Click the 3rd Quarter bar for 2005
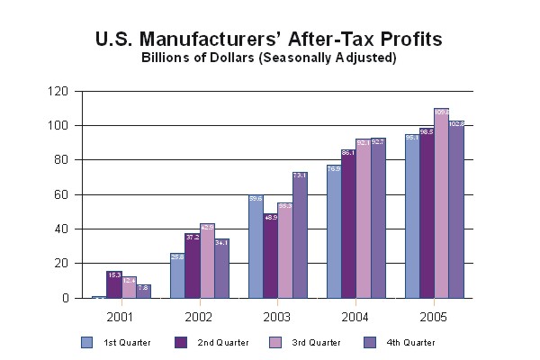[441, 203]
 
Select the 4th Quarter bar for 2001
[143, 291]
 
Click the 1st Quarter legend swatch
[86, 342]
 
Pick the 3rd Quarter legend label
[312, 343]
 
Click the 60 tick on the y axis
[60, 194]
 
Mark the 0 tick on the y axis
[64, 298]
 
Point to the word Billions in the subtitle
[167, 58]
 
